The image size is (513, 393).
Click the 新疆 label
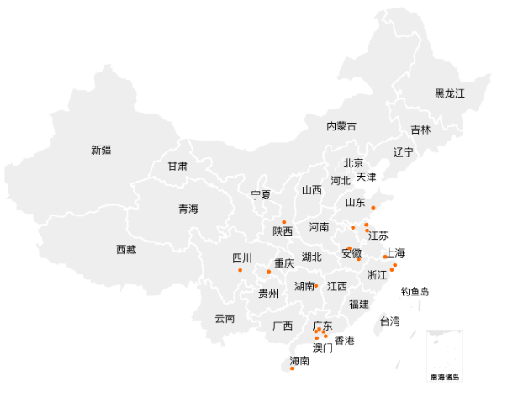point(101,151)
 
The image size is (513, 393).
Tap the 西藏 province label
point(126,249)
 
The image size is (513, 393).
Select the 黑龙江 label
point(450,93)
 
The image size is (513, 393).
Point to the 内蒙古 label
point(341,126)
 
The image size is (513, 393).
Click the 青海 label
point(188,209)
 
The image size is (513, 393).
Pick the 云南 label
point(225,318)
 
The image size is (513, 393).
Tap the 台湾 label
point(390,321)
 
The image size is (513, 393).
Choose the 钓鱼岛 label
point(415,292)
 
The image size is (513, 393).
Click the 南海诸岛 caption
point(444,377)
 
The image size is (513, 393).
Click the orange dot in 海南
point(292,369)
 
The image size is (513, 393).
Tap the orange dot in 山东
point(373,207)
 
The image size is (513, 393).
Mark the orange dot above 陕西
point(284,221)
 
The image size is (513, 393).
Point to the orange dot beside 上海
point(385,257)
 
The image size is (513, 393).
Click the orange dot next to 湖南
point(316,286)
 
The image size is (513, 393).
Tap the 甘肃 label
point(177,167)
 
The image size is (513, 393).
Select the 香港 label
point(345,341)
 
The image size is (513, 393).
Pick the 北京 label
point(353,163)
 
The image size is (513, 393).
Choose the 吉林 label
point(420,130)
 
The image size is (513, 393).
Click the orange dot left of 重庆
point(269,271)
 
